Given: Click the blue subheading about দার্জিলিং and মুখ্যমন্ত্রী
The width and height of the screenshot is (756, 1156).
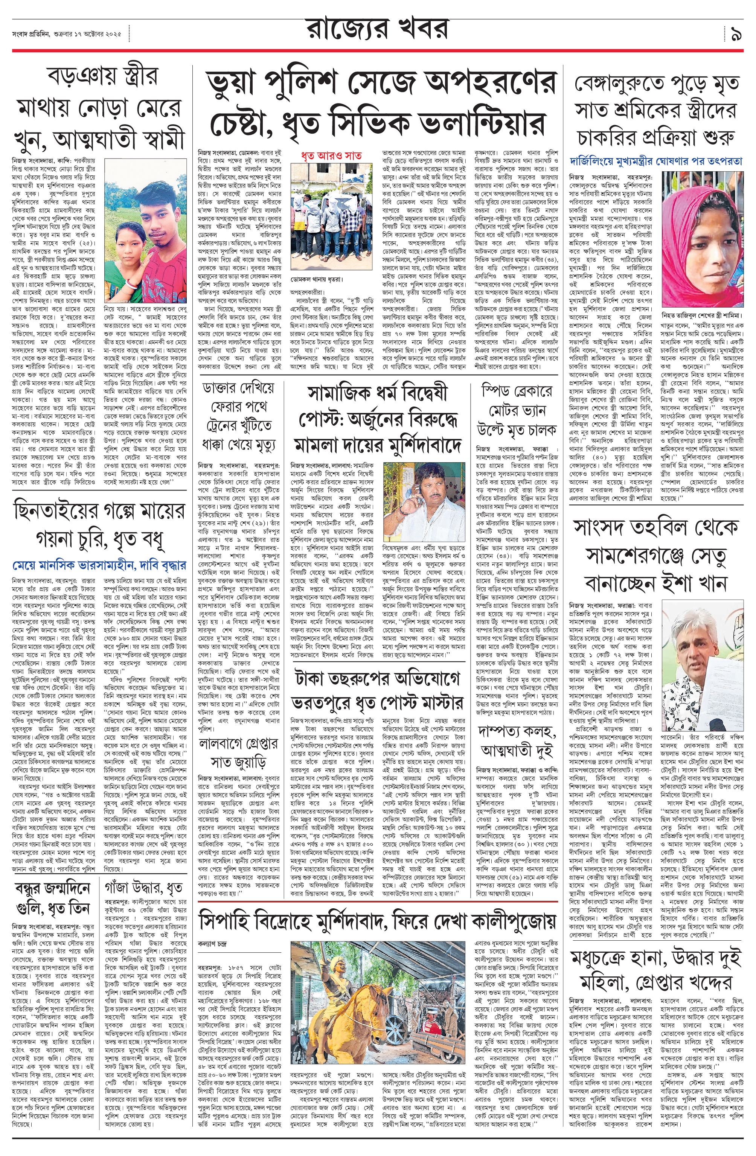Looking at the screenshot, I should click(x=657, y=162).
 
